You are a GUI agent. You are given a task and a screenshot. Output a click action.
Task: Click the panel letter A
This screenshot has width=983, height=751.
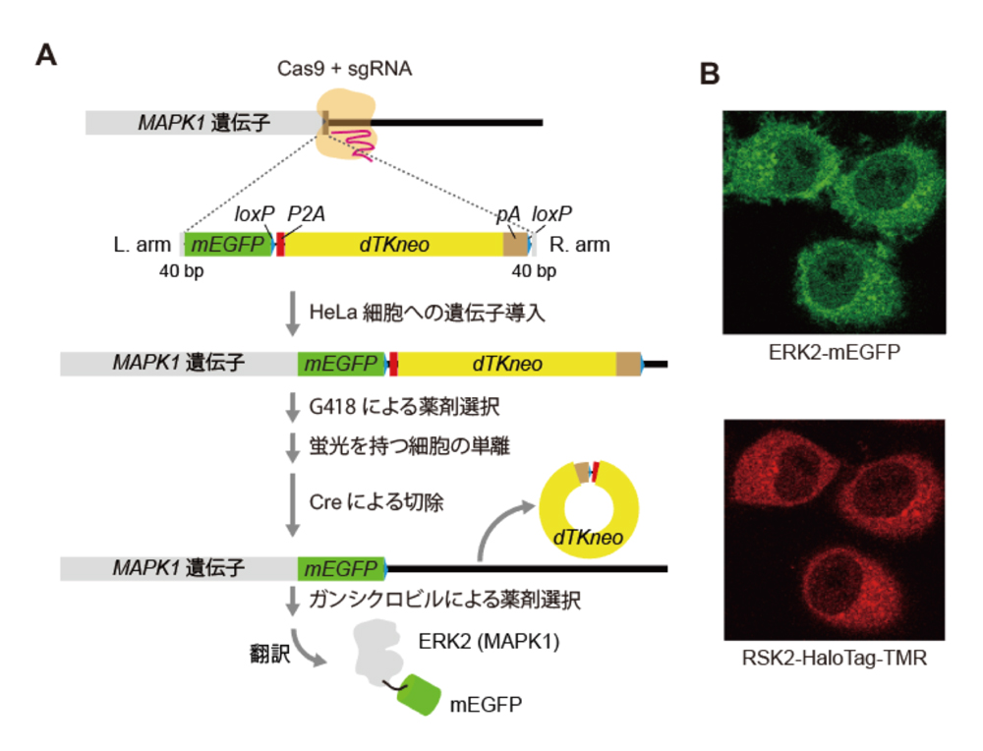(46, 54)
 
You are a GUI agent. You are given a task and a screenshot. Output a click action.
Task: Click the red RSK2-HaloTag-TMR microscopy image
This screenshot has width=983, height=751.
(834, 531)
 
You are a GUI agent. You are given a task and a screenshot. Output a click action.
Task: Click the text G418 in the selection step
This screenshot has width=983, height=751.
(334, 403)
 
